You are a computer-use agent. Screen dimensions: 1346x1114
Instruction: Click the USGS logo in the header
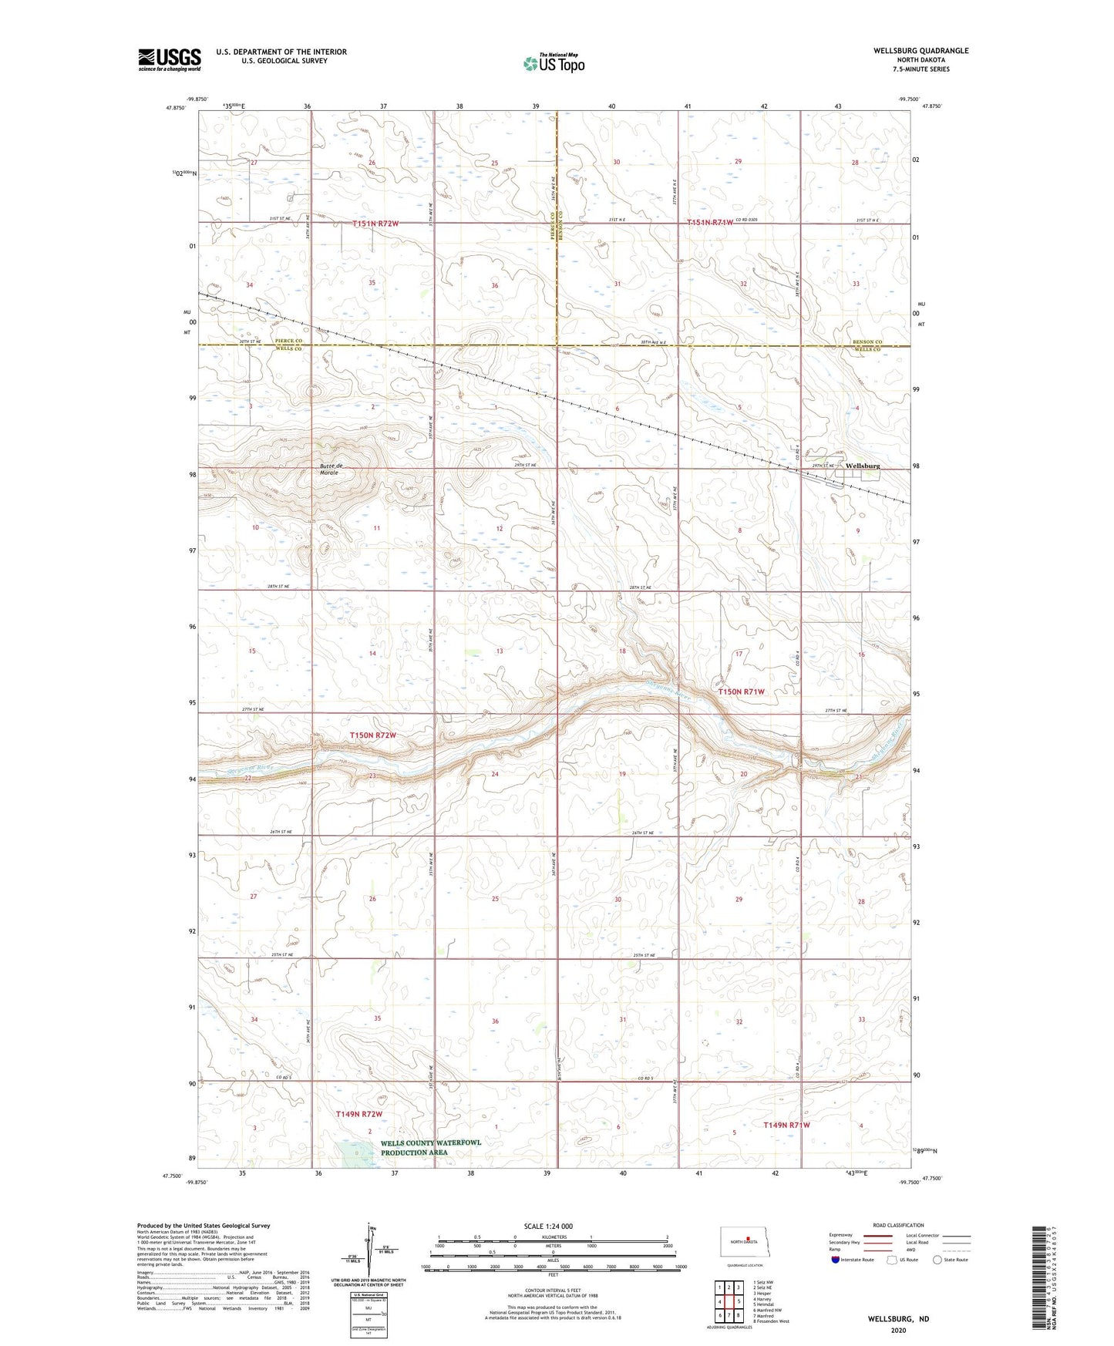coord(170,59)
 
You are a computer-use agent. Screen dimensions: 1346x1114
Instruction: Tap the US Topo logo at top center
coord(553,63)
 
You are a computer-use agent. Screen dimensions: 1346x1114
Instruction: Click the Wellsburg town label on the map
coord(862,466)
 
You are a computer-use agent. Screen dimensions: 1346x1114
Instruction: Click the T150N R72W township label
coord(372,735)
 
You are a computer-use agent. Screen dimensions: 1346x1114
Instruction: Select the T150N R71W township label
coord(741,692)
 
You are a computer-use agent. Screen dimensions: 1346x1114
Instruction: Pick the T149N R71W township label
coord(786,1125)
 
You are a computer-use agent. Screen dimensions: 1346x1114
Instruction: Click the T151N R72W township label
coord(375,224)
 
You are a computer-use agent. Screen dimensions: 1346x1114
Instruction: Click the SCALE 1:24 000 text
coord(547,1226)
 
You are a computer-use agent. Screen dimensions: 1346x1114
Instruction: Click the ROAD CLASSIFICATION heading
coord(898,1225)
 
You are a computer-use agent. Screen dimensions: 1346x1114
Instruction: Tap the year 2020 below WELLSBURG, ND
coord(897,1330)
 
